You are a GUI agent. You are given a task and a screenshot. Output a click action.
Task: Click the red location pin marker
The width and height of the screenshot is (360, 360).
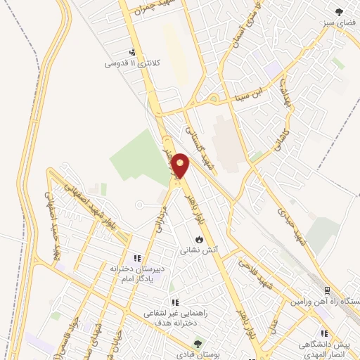tap(181, 166)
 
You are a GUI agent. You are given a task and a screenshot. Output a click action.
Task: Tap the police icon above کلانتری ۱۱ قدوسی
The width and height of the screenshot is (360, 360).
tap(133, 51)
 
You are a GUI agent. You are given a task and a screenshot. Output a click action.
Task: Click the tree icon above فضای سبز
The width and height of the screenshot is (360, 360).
tap(340, 11)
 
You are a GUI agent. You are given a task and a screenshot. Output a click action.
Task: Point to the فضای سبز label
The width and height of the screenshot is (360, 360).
tap(337, 22)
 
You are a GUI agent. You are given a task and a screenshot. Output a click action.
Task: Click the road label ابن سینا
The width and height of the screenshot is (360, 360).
tap(251, 93)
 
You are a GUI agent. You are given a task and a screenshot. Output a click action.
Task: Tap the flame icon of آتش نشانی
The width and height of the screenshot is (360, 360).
tap(199, 238)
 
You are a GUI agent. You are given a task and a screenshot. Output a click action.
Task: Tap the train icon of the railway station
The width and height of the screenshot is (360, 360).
tap(327, 290)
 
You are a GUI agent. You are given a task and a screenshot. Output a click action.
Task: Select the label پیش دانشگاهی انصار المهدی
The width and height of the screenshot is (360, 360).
tap(324, 349)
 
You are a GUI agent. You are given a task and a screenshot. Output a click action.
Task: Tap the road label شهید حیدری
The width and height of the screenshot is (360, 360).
tap(293, 225)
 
